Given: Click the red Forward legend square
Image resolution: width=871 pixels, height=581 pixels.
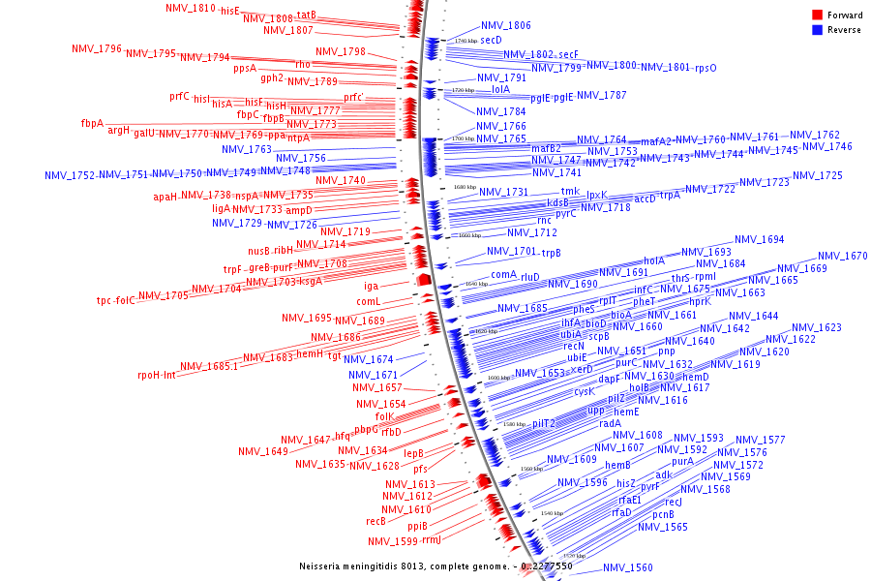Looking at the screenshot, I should coord(817,15).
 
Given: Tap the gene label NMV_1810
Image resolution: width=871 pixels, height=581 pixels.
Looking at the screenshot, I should coord(191,9).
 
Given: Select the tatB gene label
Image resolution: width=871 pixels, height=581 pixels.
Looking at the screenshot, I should coord(306,15).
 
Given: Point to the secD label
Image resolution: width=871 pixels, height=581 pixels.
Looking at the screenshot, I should coord(491,41).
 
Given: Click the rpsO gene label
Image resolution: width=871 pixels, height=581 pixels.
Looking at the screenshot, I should coord(706,68).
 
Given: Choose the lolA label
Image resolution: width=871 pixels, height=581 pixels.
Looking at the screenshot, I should coord(500,89).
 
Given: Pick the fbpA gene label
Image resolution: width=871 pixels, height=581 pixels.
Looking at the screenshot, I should coord(92,123).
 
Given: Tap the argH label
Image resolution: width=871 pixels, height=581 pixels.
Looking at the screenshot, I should coord(118,131).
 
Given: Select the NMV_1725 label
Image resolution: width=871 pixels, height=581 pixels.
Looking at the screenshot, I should coord(818,176).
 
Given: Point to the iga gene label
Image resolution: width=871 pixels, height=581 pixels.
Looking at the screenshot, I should coord(372,286).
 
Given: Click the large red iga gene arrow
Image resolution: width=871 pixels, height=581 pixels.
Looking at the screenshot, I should coord(422,280).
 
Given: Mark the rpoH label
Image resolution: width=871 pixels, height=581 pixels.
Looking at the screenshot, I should coord(147,375).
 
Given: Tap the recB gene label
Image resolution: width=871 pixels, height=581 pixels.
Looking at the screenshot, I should coord(376,521).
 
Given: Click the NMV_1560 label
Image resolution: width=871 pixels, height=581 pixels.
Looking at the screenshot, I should coord(628,568).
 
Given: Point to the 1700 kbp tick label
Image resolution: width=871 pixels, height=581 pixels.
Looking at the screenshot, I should coord(463,139).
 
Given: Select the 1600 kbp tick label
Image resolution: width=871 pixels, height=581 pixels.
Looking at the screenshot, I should coord(498,379).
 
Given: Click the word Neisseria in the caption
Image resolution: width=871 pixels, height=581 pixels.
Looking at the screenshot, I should coord(323,566).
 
